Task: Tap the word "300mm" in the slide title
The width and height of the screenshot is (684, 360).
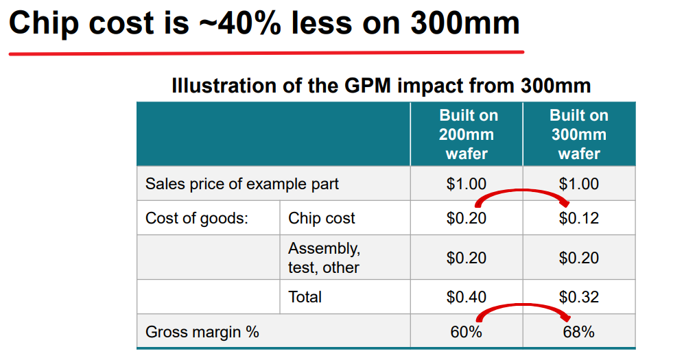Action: (464, 23)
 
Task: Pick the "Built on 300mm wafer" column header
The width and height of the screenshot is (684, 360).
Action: (579, 134)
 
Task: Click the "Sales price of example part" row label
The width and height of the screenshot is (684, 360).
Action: (241, 184)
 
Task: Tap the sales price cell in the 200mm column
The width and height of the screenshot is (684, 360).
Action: (467, 184)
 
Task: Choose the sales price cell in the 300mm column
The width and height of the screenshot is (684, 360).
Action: (579, 184)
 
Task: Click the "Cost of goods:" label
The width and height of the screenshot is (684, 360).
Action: (196, 219)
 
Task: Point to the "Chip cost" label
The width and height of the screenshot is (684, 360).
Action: (322, 219)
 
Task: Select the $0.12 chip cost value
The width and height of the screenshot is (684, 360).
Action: (579, 219)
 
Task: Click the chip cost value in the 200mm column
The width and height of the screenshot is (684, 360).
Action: (467, 219)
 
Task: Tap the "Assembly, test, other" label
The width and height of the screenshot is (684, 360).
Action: (324, 257)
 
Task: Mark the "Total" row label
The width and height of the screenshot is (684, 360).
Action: (305, 297)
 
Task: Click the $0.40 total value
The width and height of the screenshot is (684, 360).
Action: (467, 297)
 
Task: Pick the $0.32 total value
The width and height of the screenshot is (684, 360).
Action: (579, 297)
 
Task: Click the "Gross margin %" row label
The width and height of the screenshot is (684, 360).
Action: (202, 333)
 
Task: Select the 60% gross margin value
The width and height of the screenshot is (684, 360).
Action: (467, 333)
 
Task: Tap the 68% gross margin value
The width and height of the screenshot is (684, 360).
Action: (579, 333)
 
